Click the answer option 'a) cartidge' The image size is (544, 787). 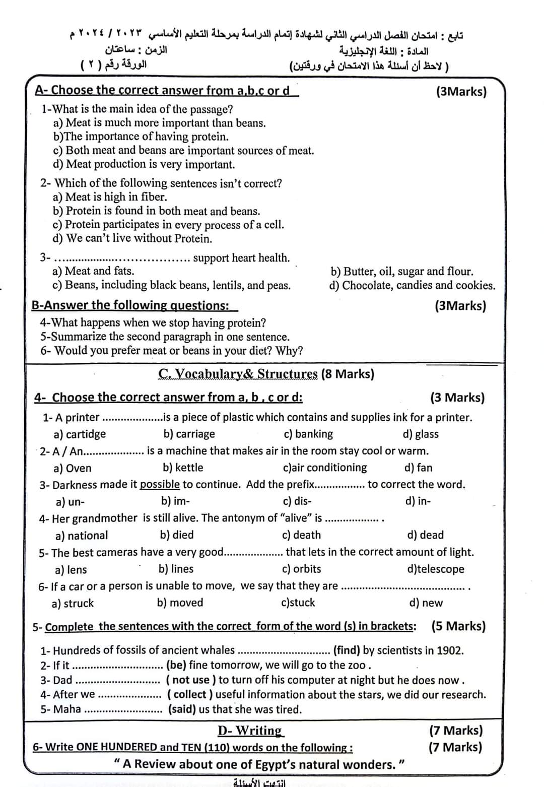pyautogui.click(x=80, y=434)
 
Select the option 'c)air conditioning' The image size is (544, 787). pyautogui.click(x=325, y=468)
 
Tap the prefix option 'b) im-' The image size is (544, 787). pyautogui.click(x=175, y=501)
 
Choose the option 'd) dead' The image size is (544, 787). pyautogui.click(x=425, y=535)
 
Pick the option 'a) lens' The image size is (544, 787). pyautogui.click(x=71, y=569)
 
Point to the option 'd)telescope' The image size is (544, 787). pyautogui.click(x=436, y=569)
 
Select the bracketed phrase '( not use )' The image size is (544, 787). pyautogui.click(x=191, y=680)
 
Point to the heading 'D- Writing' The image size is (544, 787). pyautogui.click(x=250, y=731)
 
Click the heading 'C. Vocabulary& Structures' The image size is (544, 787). pyautogui.click(x=238, y=374)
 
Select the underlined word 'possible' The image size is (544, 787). pyautogui.click(x=160, y=485)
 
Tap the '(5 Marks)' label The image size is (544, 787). pyautogui.click(x=458, y=626)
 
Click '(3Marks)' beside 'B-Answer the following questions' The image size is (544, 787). pyautogui.click(x=460, y=306)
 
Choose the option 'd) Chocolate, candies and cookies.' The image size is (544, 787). pyautogui.click(x=412, y=285)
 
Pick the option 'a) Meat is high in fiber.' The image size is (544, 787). pyautogui.click(x=110, y=197)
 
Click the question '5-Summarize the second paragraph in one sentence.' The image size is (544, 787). pyautogui.click(x=165, y=337)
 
